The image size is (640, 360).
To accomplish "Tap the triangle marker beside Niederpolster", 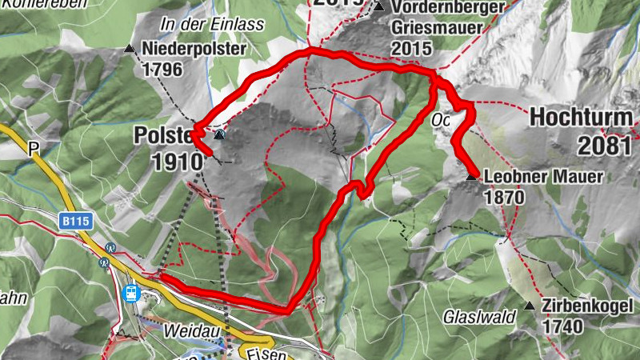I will [x=130, y=50].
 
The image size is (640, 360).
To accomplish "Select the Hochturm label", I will [x=581, y=118].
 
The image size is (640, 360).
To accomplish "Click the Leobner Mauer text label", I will [x=544, y=178].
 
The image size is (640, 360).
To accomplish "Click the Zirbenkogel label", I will [x=587, y=306].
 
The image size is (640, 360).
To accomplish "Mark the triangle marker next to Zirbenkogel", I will [x=529, y=306].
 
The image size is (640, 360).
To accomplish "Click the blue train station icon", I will [x=130, y=293].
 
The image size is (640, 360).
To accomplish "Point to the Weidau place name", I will [x=188, y=330].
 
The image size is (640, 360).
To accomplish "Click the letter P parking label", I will [x=33, y=148].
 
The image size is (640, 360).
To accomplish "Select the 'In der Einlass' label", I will [x=212, y=25].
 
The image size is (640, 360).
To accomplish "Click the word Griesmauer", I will [x=439, y=28].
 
